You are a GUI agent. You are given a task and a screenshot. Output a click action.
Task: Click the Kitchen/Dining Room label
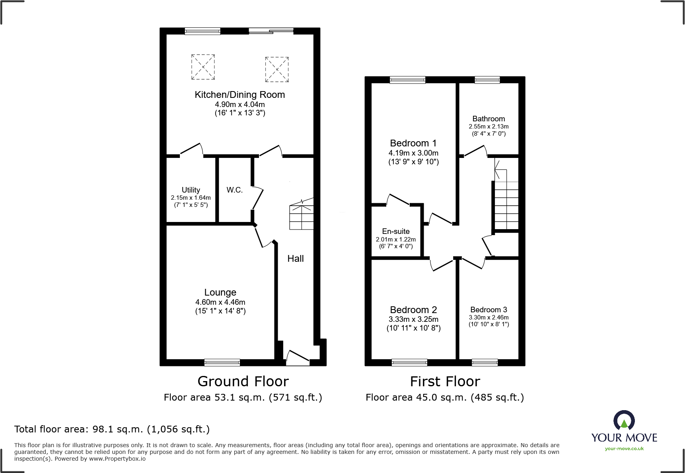(x=239, y=95)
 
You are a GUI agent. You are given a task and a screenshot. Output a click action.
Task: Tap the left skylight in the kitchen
(x=203, y=67)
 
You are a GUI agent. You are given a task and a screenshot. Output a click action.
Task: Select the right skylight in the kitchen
(x=277, y=69)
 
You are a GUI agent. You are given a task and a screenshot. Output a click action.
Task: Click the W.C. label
(x=234, y=190)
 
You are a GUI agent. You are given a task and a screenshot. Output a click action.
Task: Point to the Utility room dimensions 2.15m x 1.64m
(x=191, y=198)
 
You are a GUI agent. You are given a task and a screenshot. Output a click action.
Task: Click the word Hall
(x=296, y=259)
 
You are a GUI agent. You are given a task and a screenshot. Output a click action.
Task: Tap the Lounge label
(x=220, y=292)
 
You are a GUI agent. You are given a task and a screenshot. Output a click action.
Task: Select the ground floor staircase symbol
(x=302, y=217)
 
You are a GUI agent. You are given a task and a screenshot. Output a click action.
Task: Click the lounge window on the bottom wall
(x=222, y=362)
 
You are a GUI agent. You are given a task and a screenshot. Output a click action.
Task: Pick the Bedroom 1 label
(x=413, y=143)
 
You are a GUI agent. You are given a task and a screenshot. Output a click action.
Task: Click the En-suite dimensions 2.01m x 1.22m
(x=395, y=239)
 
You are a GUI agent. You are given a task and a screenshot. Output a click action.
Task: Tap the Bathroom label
(x=488, y=119)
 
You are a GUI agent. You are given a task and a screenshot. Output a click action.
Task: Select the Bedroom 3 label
(x=488, y=309)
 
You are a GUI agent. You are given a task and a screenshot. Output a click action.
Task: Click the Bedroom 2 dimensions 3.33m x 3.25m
(x=413, y=319)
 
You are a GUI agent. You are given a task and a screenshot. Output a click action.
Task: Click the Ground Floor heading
(x=243, y=382)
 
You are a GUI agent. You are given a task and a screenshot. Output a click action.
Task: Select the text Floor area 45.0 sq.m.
(x=416, y=397)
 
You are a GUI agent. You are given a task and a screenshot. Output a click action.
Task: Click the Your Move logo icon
(x=624, y=421)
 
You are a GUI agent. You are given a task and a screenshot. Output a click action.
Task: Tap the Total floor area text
(x=112, y=429)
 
